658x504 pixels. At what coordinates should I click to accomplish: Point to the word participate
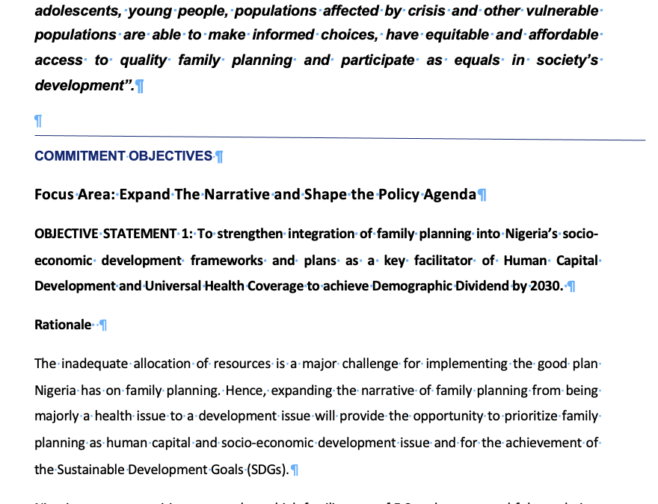click(378, 60)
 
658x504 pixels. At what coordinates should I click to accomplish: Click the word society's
click(565, 60)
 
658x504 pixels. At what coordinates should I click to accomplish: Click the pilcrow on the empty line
click(39, 121)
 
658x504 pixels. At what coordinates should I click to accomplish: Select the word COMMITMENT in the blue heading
click(79, 156)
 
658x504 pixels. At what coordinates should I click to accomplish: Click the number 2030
click(546, 286)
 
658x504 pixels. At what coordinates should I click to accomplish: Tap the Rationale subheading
click(63, 325)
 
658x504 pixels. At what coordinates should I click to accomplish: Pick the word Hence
click(244, 391)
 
